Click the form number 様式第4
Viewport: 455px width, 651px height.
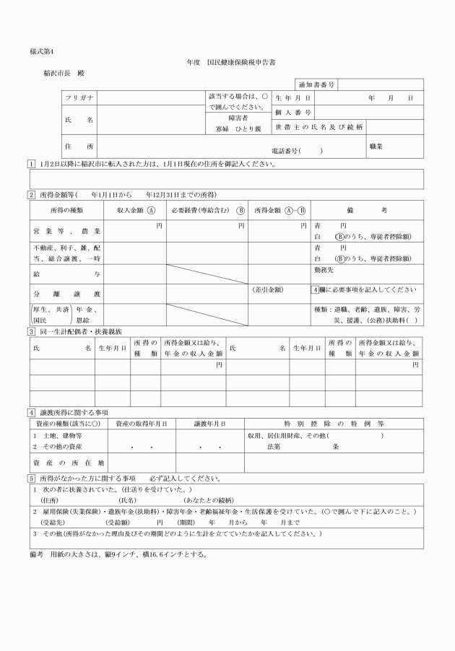(x=41, y=52)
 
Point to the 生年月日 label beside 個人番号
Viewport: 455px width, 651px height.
(x=292, y=97)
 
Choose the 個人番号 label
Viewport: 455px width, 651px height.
(x=292, y=113)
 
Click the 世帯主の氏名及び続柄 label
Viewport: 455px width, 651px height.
(x=318, y=127)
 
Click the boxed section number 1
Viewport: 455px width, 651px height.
(x=32, y=164)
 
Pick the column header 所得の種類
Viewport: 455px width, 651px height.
(x=66, y=210)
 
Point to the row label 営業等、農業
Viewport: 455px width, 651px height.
(x=66, y=231)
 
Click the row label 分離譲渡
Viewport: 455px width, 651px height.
(x=66, y=294)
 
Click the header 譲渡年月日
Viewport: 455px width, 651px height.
(x=209, y=424)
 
